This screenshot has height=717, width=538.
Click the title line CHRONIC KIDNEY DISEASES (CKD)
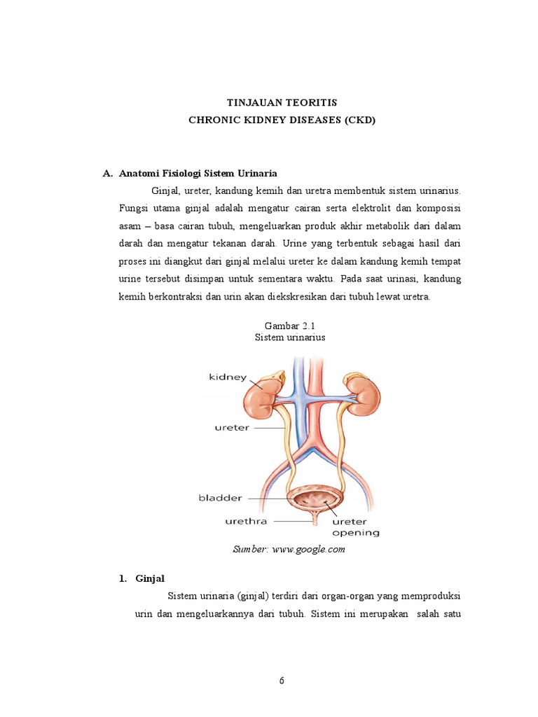pyautogui.click(x=282, y=120)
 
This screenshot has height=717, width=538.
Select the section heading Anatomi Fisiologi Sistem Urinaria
pyautogui.click(x=198, y=172)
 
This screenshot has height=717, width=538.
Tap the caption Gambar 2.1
pyautogui.click(x=284, y=326)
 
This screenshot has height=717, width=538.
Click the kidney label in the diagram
pyautogui.click(x=228, y=377)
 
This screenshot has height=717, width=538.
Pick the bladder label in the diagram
pyautogui.click(x=221, y=498)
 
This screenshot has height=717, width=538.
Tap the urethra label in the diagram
pyautogui.click(x=246, y=521)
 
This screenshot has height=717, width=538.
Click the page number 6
pyautogui.click(x=282, y=680)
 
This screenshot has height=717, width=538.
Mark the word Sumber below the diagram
pyautogui.click(x=248, y=550)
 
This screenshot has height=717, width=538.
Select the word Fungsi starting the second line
pyautogui.click(x=134, y=209)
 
